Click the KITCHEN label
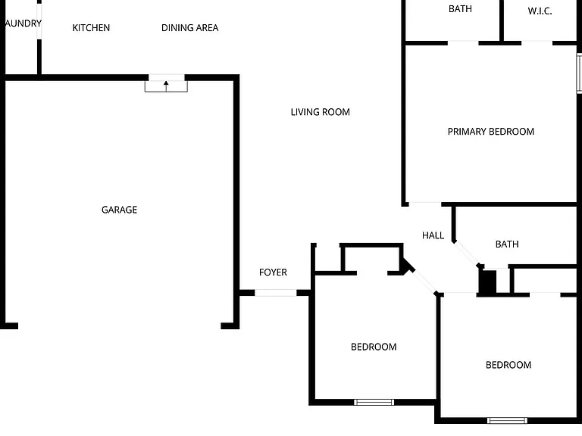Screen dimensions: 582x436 [x=91, y=28]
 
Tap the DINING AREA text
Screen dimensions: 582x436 [x=189, y=28]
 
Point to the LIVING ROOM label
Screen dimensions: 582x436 [x=320, y=112]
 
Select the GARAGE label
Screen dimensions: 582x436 [x=119, y=210]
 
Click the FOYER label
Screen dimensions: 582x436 [x=273, y=272]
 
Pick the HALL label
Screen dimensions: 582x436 [x=433, y=235]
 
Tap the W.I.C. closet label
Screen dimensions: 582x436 [x=540, y=11]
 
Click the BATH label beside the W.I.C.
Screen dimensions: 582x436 [x=460, y=9]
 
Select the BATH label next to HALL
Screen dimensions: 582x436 [x=507, y=244]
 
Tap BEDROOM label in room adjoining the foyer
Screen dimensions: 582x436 [x=374, y=347]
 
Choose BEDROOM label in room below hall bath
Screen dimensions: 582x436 [x=508, y=365]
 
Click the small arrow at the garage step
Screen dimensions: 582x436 [x=166, y=86]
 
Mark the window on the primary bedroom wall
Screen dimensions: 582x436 [x=579, y=73]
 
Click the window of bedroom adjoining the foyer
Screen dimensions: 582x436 [x=374, y=402]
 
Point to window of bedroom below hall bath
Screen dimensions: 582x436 [x=507, y=420]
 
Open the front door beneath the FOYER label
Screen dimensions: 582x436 [x=275, y=293]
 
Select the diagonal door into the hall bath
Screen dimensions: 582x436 [x=467, y=254]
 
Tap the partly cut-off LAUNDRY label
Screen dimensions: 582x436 [x=23, y=23]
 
